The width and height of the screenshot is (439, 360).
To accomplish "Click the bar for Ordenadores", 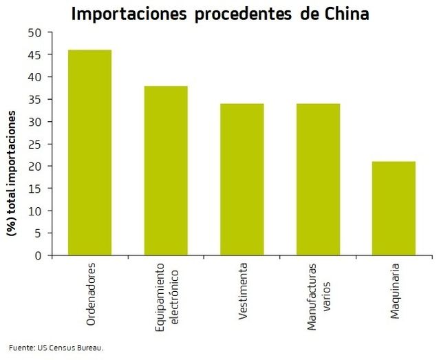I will point(89,153).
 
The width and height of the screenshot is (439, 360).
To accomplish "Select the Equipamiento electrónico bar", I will point(166,171).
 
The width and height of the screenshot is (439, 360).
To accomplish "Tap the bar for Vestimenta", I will point(242,180).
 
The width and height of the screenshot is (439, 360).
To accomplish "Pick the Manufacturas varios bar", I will point(318,180).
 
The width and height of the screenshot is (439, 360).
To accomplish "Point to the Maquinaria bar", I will point(394,209).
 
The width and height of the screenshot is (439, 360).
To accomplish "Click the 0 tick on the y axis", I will point(39,256).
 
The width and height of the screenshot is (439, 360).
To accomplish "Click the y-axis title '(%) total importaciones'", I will point(12,175).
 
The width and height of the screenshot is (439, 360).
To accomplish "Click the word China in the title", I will point(343,14).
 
